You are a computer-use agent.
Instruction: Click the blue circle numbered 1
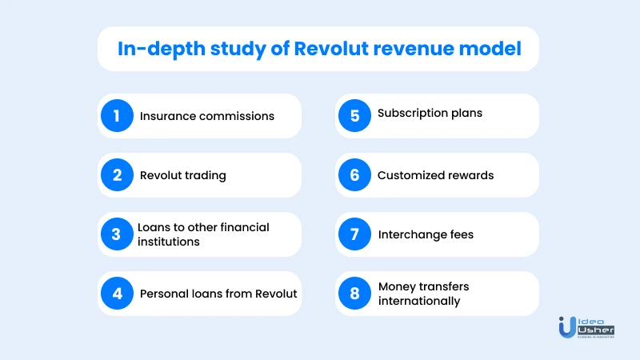[117, 115]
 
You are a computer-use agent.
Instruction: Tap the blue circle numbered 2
[117, 174]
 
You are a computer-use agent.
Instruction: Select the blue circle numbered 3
[117, 234]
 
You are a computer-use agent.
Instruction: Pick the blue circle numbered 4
[117, 293]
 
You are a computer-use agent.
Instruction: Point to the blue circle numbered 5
[354, 115]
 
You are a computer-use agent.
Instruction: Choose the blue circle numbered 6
[354, 174]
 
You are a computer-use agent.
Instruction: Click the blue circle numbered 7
[354, 234]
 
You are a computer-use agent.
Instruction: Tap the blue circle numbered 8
[354, 293]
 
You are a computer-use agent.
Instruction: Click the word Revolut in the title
[331, 48]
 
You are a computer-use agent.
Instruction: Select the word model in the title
[490, 48]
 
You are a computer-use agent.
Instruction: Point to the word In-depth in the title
[162, 50]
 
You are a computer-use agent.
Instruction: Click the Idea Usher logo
[586, 327]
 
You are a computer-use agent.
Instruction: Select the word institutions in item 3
[169, 242]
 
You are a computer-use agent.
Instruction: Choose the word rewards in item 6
[470, 175]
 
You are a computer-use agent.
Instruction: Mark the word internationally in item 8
[419, 302]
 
